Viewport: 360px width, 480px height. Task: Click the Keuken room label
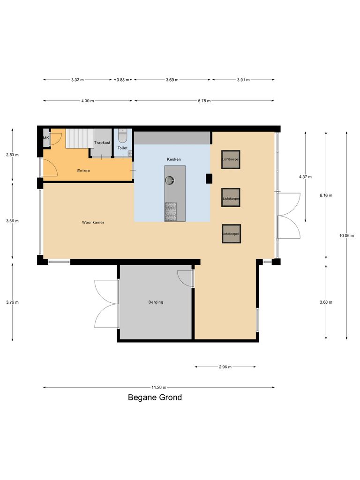click(173, 159)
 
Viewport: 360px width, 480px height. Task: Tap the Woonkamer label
click(93, 222)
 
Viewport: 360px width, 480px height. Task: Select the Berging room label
click(156, 302)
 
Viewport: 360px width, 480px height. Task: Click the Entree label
click(83, 171)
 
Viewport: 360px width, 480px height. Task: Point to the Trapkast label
click(102, 142)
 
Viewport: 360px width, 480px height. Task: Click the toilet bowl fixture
click(122, 137)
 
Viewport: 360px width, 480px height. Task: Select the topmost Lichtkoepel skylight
click(231, 159)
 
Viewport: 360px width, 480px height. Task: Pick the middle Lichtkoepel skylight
click(231, 197)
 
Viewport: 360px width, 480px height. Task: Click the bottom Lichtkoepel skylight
click(231, 233)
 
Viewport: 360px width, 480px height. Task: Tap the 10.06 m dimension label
click(346, 236)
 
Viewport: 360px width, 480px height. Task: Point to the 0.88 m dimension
click(123, 80)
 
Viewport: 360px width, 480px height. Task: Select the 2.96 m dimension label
click(225, 367)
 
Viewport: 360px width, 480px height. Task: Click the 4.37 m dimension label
click(305, 177)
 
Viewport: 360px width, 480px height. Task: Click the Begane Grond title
click(155, 397)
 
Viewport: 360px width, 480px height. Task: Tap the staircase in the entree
click(79, 138)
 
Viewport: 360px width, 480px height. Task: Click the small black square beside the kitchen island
click(209, 178)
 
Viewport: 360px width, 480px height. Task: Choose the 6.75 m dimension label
click(204, 101)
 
